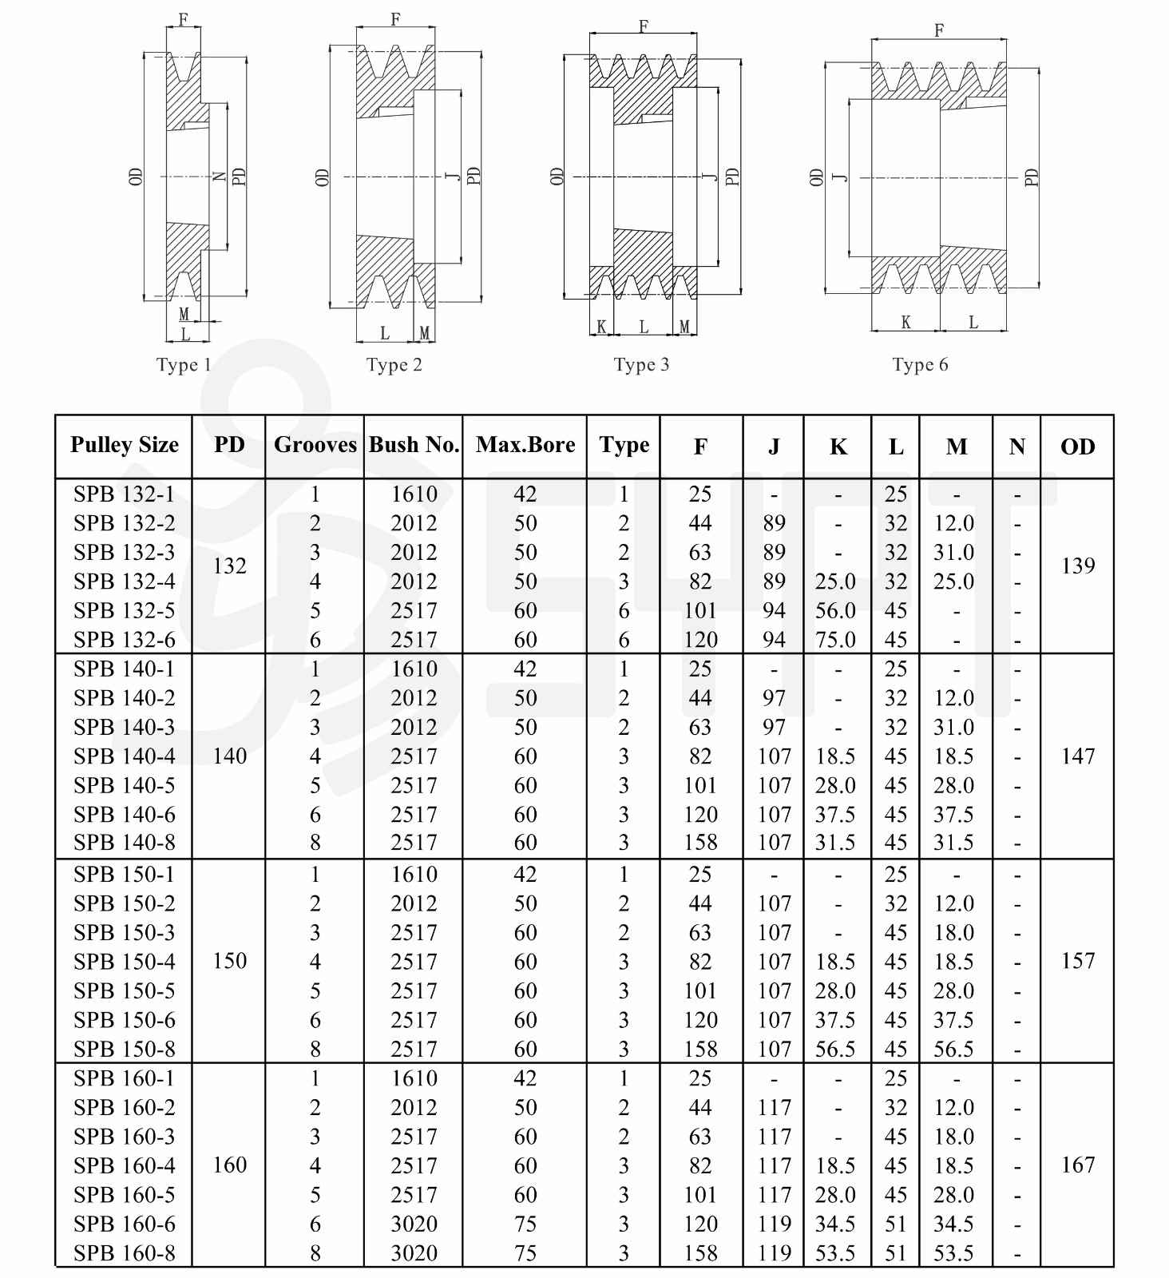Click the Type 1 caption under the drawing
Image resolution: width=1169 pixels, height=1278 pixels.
(184, 365)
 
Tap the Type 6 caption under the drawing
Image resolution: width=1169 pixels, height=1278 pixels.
(920, 365)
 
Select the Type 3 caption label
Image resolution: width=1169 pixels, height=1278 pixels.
(641, 365)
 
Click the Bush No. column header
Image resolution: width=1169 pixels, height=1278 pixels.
(414, 445)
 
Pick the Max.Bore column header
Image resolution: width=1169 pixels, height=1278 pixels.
(525, 445)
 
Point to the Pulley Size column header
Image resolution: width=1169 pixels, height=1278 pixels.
(125, 445)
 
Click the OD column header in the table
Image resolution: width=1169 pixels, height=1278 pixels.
(1077, 447)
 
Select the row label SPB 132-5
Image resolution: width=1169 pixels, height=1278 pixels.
(125, 611)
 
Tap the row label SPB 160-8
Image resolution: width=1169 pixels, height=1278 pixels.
(125, 1253)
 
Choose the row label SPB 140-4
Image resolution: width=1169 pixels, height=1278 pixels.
(125, 756)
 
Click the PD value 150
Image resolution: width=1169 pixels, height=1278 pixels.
(230, 961)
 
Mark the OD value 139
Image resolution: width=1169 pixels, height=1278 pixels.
(1078, 566)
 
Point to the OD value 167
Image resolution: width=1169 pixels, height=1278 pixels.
(1078, 1165)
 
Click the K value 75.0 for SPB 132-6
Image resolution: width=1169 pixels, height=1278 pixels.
(835, 640)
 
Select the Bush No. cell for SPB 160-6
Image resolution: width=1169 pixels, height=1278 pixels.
(414, 1224)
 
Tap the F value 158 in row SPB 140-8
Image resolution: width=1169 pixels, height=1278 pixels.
(700, 843)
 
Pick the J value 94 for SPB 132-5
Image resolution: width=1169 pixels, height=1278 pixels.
(774, 611)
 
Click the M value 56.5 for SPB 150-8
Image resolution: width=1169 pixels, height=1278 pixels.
(954, 1050)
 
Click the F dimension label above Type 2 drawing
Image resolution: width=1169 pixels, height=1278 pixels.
(396, 19)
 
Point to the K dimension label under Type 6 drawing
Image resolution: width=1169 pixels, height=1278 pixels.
(905, 322)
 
